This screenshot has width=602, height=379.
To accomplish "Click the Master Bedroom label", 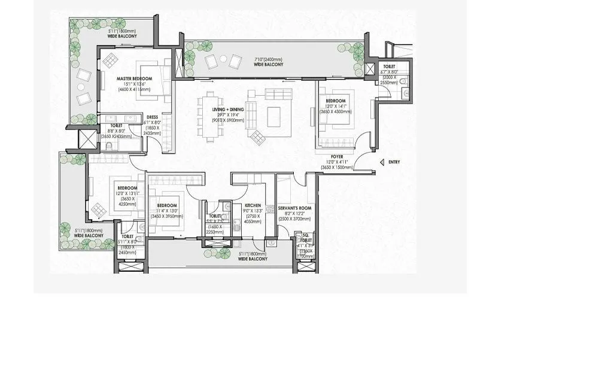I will point(134,78).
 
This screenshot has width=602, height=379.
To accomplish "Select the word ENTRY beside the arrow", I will point(394,162).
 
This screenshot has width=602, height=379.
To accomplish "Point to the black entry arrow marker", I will point(382,162).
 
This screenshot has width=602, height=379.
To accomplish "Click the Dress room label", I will point(152,117).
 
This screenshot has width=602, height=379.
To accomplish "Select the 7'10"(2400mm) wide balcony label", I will point(267,59).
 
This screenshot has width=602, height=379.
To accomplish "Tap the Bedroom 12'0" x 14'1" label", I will point(335,101).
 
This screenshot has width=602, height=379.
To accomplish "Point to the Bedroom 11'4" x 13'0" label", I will point(167,205).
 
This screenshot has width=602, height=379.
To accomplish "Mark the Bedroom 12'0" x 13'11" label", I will point(127,188).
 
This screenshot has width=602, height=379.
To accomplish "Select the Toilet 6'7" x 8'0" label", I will point(389,67).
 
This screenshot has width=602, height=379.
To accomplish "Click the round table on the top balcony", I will point(223,59).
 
